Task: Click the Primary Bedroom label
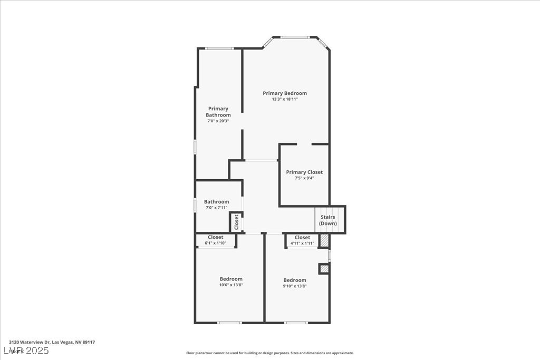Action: tap(285, 93)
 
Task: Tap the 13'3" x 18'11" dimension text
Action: tap(285, 99)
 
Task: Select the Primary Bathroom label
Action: tap(218, 112)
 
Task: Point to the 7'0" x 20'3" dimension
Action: tap(218, 121)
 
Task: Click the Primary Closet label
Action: tap(304, 172)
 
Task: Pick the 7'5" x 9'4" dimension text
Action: tap(304, 178)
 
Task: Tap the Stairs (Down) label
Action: tap(328, 220)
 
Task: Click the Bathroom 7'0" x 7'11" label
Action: tap(217, 205)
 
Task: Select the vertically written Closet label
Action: tap(236, 222)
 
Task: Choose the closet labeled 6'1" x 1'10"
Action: tap(215, 240)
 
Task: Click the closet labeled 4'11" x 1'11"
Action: tap(302, 240)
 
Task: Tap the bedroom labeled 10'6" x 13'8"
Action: tap(231, 282)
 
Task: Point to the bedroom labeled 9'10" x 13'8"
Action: tap(295, 283)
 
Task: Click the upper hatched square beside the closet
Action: tap(325, 240)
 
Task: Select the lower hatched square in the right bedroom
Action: tap(324, 269)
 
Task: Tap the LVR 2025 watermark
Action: tap(26, 351)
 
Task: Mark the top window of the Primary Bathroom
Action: tap(219, 48)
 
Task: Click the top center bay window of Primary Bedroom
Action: tap(295, 37)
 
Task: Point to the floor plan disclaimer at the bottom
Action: tap(269, 353)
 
